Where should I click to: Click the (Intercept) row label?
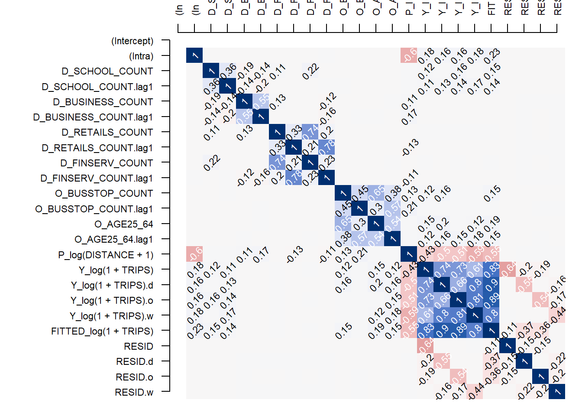pyautogui.click(x=133, y=41)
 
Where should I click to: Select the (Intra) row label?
pyautogui.click(x=141, y=56)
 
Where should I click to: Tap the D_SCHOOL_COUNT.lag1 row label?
pyautogui.click(x=97, y=87)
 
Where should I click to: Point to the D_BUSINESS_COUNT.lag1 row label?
pyautogui.click(x=93, y=117)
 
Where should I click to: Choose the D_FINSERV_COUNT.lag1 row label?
pyautogui.click(x=97, y=179)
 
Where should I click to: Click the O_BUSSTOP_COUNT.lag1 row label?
pyautogui.click(x=94, y=209)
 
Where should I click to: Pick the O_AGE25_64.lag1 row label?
pyautogui.click(x=114, y=240)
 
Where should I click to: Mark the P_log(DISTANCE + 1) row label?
pyautogui.click(x=106, y=255)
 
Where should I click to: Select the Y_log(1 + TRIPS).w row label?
pyautogui.click(x=112, y=316)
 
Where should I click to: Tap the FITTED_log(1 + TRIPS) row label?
pyautogui.click(x=102, y=331)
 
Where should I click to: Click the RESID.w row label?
pyautogui.click(x=134, y=393)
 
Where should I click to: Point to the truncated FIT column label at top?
pyautogui.click(x=491, y=9)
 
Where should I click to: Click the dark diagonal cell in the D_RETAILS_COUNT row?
pyautogui.click(x=277, y=132)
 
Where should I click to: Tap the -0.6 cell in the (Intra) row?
pyautogui.click(x=409, y=55)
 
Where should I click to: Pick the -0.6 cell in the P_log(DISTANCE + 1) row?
pyautogui.click(x=194, y=254)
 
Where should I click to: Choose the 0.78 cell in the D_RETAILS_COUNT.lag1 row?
pyautogui.click(x=327, y=147)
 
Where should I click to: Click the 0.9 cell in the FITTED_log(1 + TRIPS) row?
pyautogui.click(x=442, y=330)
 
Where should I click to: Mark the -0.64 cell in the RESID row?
pyautogui.click(x=425, y=345)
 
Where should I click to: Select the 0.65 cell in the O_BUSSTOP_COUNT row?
pyautogui.click(x=376, y=193)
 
